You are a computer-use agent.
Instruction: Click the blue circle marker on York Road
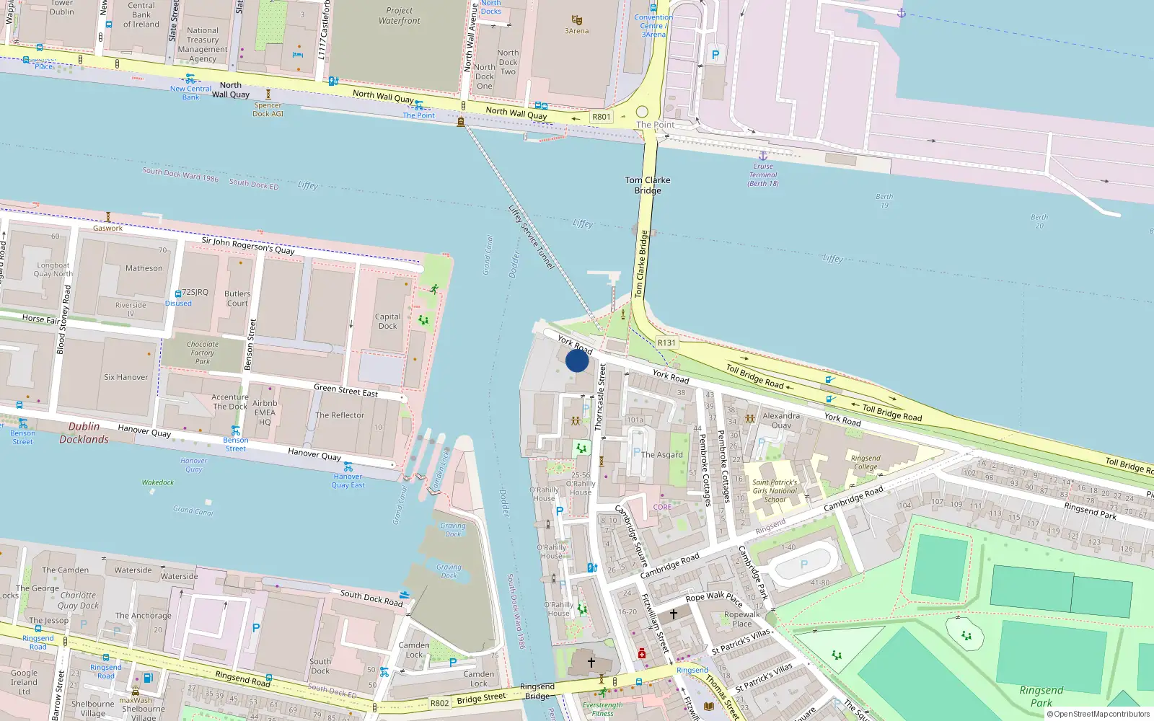click(577, 360)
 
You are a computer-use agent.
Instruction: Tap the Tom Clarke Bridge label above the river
click(648, 185)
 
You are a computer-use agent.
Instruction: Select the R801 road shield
click(601, 117)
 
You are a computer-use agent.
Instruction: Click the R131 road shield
click(666, 342)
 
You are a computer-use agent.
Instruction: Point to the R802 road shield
click(439, 703)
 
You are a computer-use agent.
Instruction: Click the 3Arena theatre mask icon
click(576, 20)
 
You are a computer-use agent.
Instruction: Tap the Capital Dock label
click(387, 322)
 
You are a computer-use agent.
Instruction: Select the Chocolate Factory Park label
click(203, 353)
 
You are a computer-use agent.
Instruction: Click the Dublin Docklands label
click(84, 433)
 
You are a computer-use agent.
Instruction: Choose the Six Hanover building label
click(125, 377)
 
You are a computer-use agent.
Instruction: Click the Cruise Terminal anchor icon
click(763, 155)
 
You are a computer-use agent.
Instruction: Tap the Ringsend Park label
click(1041, 696)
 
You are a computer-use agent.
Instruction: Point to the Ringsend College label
click(865, 462)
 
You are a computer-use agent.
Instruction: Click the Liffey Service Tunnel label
click(531, 237)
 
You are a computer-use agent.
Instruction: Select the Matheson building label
click(144, 268)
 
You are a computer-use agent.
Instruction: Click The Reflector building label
click(340, 415)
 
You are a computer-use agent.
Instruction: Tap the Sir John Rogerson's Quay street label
click(247, 245)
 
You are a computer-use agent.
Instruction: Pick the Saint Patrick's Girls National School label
click(775, 491)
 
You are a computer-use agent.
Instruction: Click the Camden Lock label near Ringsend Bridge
click(479, 679)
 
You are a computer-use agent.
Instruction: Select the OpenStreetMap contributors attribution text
click(1101, 715)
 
